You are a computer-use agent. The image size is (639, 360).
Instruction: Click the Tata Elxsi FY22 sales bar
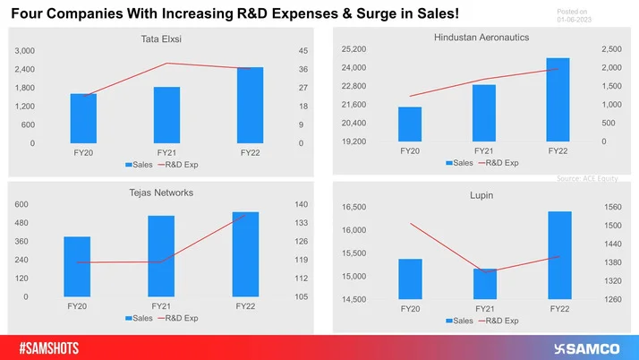tap(250, 105)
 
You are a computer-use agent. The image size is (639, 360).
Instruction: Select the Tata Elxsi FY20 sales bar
tap(83, 118)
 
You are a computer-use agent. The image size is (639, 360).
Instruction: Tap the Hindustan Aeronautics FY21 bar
tap(484, 113)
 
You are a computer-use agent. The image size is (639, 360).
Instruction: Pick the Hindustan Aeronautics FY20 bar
tap(410, 124)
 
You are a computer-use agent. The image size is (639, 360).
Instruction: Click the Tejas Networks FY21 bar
tap(161, 256)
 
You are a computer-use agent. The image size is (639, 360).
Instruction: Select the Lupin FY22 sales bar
tap(559, 254)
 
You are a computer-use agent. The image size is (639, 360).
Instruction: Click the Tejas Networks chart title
tap(161, 193)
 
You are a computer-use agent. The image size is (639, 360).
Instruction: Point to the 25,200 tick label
tap(354, 49)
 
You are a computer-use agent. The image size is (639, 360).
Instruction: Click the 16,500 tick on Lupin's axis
tap(355, 208)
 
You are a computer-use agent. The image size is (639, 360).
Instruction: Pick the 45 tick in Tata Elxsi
tap(303, 51)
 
